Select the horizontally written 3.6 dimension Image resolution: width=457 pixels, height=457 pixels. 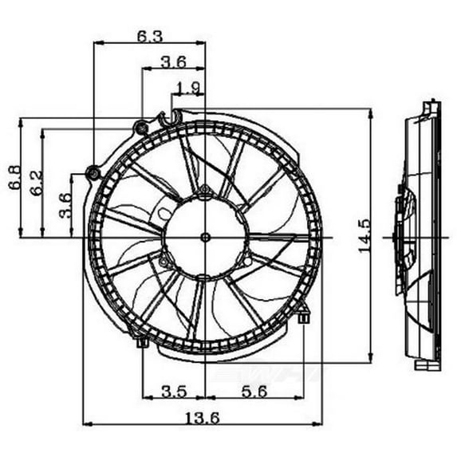[173, 61]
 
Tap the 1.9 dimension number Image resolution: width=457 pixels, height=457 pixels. [188, 88]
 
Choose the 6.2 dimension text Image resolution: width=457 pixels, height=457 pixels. [35, 184]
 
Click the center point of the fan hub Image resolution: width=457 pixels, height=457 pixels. [205, 237]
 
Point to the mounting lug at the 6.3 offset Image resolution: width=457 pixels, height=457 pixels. [93, 172]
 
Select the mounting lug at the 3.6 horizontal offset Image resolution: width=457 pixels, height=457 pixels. [141, 126]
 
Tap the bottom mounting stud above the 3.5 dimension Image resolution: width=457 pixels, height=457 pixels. [142, 342]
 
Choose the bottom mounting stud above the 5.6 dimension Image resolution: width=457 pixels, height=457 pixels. [304, 317]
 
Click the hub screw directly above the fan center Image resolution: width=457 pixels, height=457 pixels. [205, 190]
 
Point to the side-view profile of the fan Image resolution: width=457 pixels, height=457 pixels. [419, 237]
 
